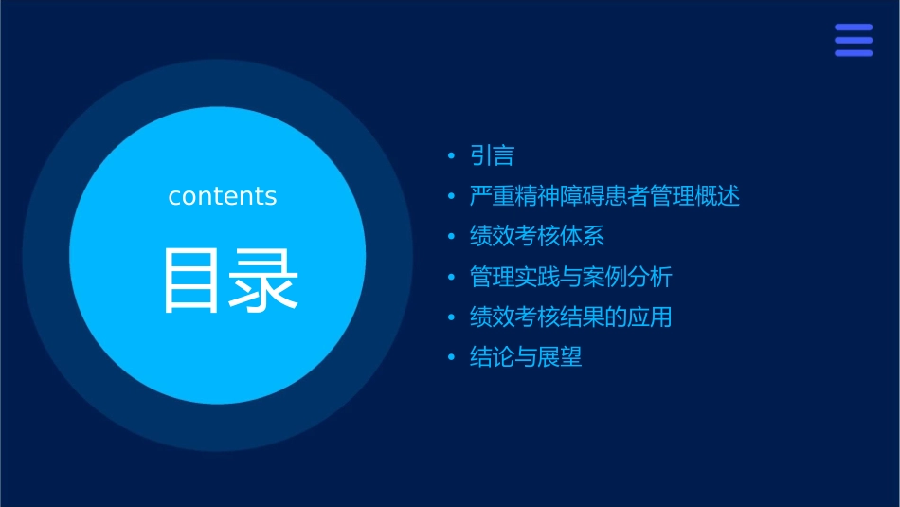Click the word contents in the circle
tap(223, 196)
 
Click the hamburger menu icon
tap(854, 41)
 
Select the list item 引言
tap(492, 155)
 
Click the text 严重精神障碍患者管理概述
tap(604, 196)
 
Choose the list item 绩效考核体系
tap(537, 236)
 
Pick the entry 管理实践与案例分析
tap(571, 277)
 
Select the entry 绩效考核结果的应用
tap(571, 317)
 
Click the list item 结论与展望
tap(526, 357)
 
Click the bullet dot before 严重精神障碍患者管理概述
tap(452, 197)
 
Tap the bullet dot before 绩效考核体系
tap(452, 237)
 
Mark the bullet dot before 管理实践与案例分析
tap(452, 278)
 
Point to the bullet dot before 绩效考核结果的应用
tap(452, 317)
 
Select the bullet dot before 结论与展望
tap(452, 358)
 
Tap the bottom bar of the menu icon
tap(854, 53)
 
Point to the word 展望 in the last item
tap(560, 357)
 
